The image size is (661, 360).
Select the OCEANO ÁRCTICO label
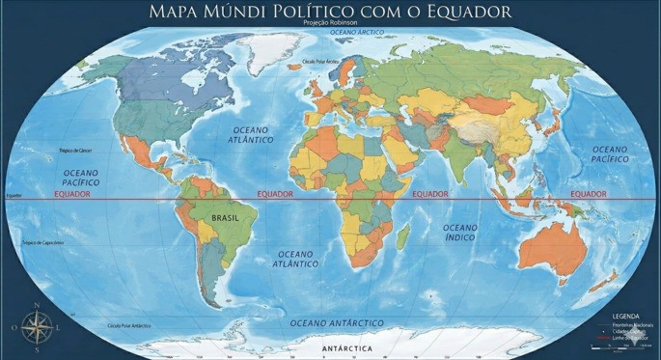coord(357,32)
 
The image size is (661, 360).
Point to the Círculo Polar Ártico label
coord(322,61)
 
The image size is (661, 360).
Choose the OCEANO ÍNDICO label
coord(459,232)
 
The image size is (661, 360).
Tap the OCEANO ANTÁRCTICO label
coord(337,322)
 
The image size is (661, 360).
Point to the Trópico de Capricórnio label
coord(42,242)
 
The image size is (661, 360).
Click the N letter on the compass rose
coord(37,308)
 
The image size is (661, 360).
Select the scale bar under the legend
coord(608,346)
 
